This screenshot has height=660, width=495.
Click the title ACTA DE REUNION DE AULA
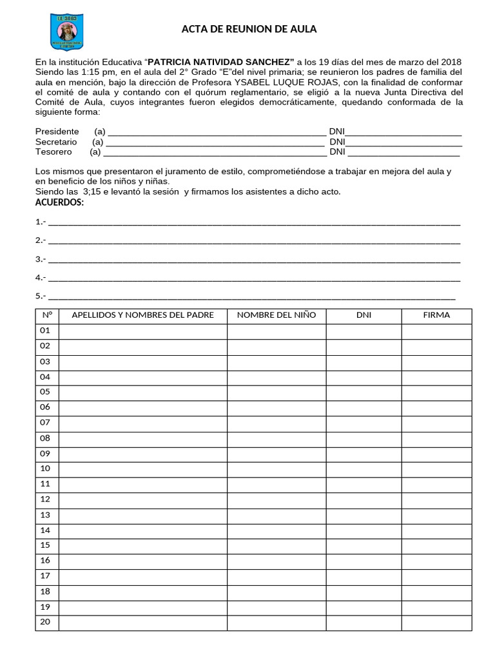click(x=249, y=29)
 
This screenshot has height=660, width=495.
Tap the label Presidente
click(x=57, y=131)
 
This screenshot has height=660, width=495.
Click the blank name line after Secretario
click(x=215, y=142)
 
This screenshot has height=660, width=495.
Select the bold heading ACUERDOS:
click(x=59, y=203)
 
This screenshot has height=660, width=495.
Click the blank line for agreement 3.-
click(x=254, y=260)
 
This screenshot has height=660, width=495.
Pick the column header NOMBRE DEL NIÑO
click(x=277, y=315)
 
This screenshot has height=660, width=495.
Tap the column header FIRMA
click(x=436, y=315)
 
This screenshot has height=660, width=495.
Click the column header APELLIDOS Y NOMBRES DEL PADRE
click(x=142, y=315)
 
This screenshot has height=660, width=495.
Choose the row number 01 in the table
click(x=45, y=331)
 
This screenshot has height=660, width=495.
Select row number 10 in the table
click(x=45, y=469)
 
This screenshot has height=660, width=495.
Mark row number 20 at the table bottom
click(x=45, y=622)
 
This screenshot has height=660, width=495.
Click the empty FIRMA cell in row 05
click(x=436, y=392)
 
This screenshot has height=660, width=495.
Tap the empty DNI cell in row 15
click(x=364, y=545)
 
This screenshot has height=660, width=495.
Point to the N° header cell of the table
click(x=46, y=315)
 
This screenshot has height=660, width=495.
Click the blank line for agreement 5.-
click(x=251, y=296)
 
